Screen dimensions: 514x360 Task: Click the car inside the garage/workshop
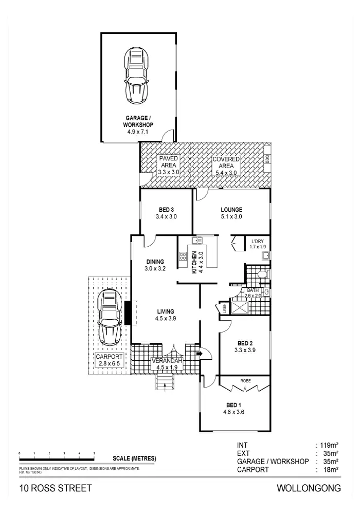pos(137,76)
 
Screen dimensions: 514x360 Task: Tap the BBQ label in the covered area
pos(267,159)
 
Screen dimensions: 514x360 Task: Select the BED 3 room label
pos(166,209)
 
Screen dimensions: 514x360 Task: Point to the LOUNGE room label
pos(231,209)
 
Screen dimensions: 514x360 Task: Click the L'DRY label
pos(257,242)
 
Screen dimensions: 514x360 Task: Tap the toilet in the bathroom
pos(262,276)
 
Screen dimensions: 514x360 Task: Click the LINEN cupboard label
pos(225,308)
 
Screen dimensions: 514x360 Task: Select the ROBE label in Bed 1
pos(245,381)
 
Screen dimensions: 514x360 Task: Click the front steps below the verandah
pos(165,382)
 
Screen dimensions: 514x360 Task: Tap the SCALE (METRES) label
pos(134,458)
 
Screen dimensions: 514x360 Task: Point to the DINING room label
pos(154,262)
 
